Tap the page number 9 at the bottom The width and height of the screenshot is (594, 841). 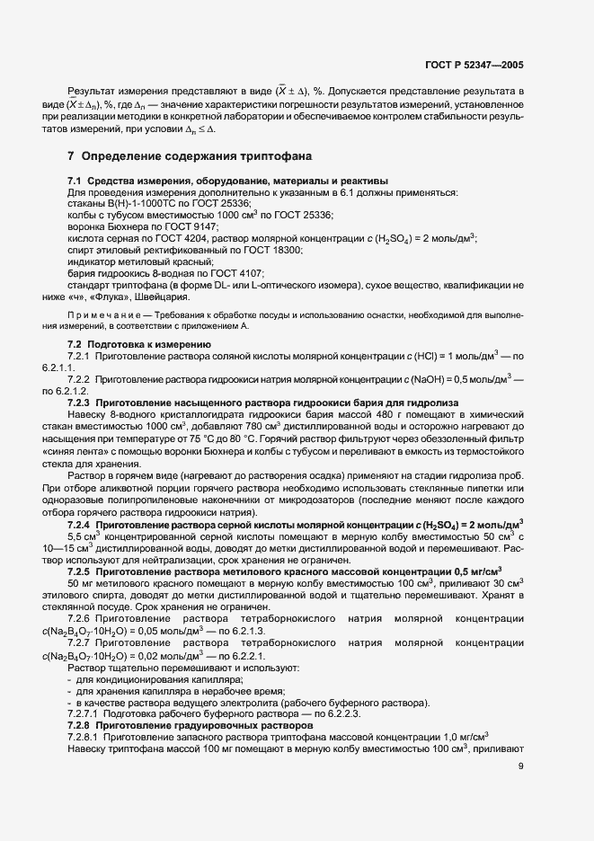pyautogui.click(x=521, y=766)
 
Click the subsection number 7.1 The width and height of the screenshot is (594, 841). pyautogui.click(x=75, y=181)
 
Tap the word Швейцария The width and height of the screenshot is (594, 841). pyautogui.click(x=163, y=297)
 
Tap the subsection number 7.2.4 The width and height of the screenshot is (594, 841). pyautogui.click(x=81, y=522)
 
